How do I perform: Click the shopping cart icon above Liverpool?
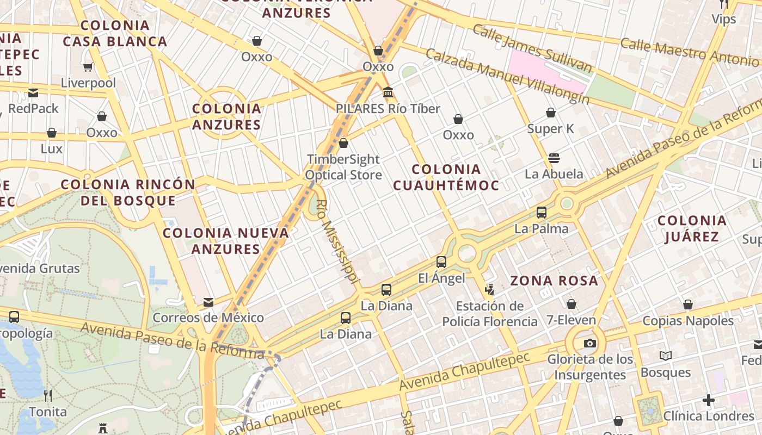88,67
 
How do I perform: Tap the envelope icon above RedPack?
33,92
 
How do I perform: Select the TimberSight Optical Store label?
343,167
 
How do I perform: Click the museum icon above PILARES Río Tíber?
388,92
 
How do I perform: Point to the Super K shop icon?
551,113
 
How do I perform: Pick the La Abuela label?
554,174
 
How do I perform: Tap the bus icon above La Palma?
542,212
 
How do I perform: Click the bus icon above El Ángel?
441,262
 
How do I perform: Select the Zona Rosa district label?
554,281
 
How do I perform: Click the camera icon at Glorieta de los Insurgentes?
589,343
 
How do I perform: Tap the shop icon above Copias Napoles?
688,304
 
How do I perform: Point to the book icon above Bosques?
665,356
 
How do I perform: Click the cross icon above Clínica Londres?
708,400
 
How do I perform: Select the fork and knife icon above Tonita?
48,395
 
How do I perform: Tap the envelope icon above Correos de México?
208,302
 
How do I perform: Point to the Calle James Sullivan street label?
532,48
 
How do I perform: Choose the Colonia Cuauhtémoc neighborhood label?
446,177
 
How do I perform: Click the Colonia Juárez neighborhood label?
692,228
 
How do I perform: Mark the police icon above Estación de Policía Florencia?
489,289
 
